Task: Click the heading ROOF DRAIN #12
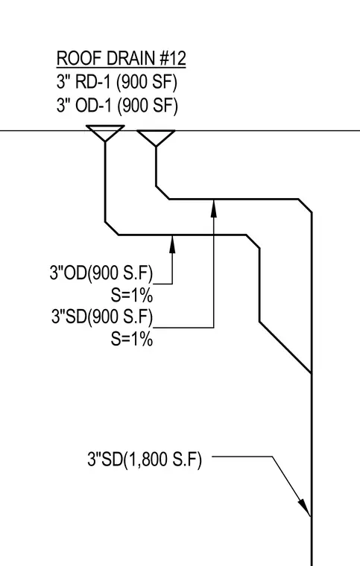click(121, 59)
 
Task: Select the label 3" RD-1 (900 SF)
click(117, 83)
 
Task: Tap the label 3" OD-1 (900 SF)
click(117, 106)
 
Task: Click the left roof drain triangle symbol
click(105, 133)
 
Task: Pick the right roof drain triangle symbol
click(156, 138)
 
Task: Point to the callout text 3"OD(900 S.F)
click(101, 273)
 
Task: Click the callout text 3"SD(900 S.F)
click(102, 317)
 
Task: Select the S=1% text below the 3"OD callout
click(132, 296)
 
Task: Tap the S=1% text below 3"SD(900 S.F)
click(132, 340)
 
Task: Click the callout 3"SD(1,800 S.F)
click(145, 460)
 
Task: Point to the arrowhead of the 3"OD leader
click(173, 244)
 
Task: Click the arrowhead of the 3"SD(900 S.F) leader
click(214, 209)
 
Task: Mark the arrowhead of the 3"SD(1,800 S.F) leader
click(304, 507)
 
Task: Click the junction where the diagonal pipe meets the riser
click(312, 372)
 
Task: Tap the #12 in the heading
click(173, 59)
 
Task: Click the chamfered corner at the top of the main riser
click(305, 206)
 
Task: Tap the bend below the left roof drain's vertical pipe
click(112, 229)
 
